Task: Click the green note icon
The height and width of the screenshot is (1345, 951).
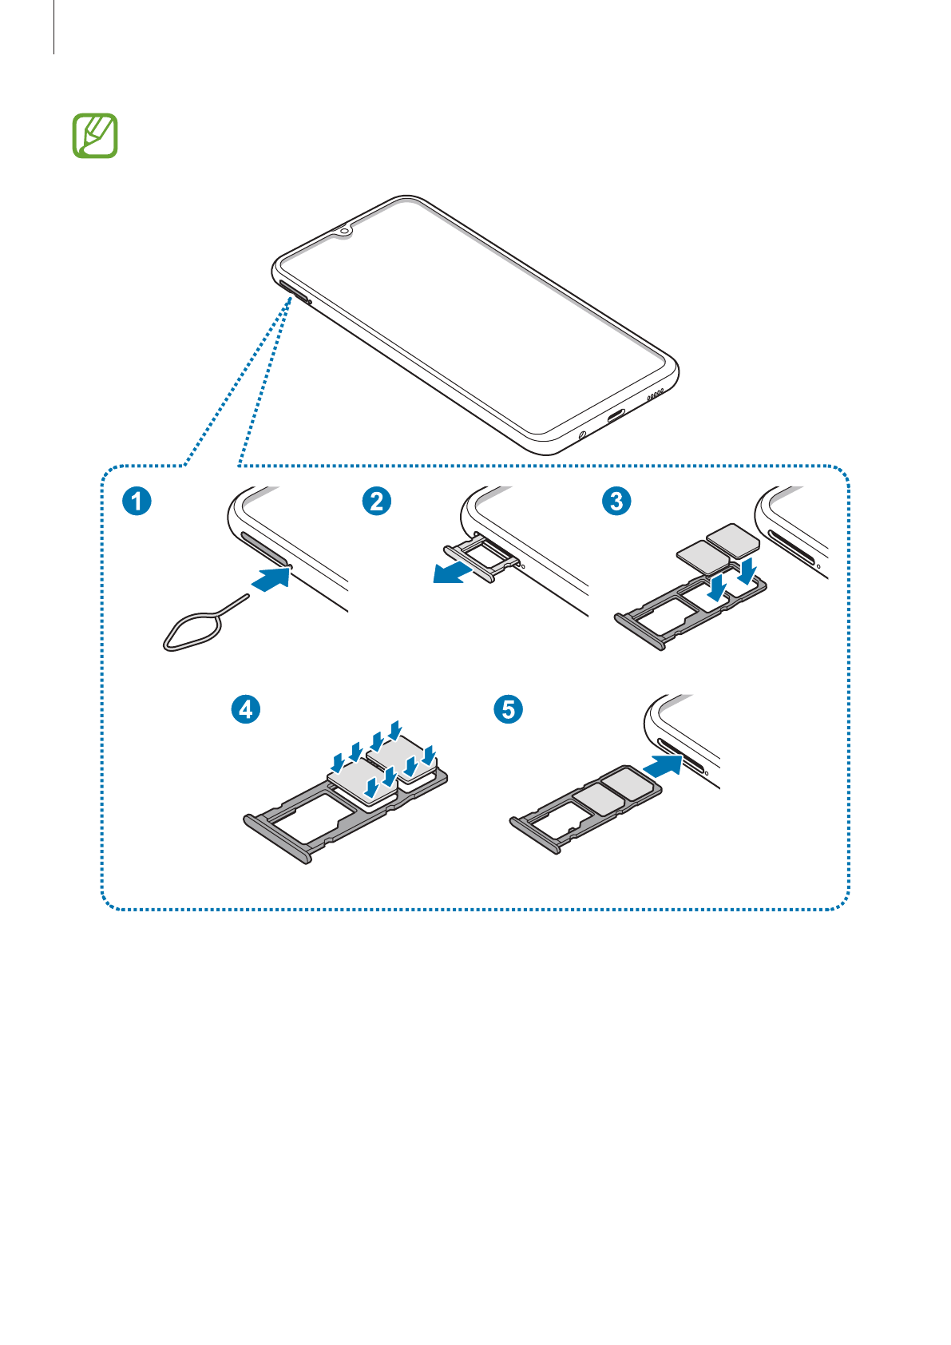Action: pos(95,136)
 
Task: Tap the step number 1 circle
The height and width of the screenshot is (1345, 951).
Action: pos(137,502)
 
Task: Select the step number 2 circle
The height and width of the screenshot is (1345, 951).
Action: pos(376,502)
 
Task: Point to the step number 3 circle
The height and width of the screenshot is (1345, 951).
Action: pos(616,502)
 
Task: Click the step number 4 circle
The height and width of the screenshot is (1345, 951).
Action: pos(246,709)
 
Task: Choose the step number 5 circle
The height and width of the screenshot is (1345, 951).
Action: pos(509,709)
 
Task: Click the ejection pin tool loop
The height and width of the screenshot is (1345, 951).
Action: pos(188,632)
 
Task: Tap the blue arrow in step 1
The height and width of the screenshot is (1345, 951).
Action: pos(271,579)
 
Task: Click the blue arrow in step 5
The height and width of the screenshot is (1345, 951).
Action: pos(663,766)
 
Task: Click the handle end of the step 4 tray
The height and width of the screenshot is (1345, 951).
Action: pos(276,839)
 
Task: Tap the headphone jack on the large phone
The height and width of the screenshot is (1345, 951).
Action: pos(581,435)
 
